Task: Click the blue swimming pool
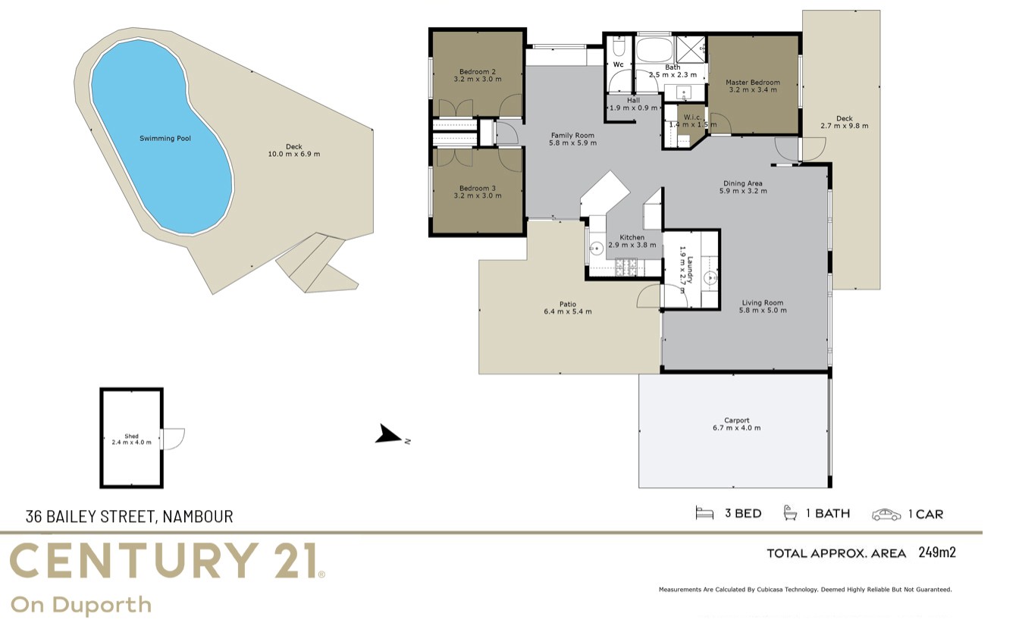coord(161,136)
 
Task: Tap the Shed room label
coord(131,436)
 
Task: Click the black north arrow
coord(388,434)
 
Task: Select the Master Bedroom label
coord(753,83)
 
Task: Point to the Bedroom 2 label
coord(477,71)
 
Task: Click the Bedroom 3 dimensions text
coord(477,196)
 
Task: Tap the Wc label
coord(618,64)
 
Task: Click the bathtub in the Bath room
coord(654,50)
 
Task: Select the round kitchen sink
coord(597,249)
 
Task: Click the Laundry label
coord(690,270)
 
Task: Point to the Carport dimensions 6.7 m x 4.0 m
coord(736,427)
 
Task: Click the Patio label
coord(568,304)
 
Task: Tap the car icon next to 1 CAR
coord(886,515)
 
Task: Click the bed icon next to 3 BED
coord(704,513)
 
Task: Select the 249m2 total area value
coord(937,552)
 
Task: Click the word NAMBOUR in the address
coord(198,516)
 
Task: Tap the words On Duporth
coord(81,605)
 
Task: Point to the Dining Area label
coord(743,183)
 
